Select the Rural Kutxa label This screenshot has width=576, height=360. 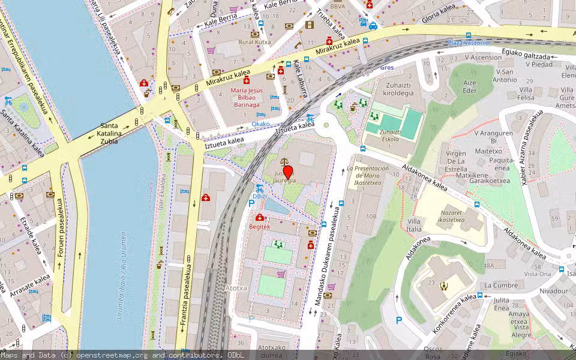[x=254, y=42]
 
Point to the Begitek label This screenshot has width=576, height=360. [x=259, y=227]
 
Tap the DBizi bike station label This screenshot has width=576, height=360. [x=259, y=196]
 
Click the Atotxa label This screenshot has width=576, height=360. [x=236, y=288]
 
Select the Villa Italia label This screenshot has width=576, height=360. [x=414, y=225]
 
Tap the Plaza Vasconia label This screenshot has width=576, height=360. [x=468, y=43]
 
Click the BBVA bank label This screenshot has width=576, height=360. [x=337, y=7]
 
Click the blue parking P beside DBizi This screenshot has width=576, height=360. [x=251, y=203]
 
